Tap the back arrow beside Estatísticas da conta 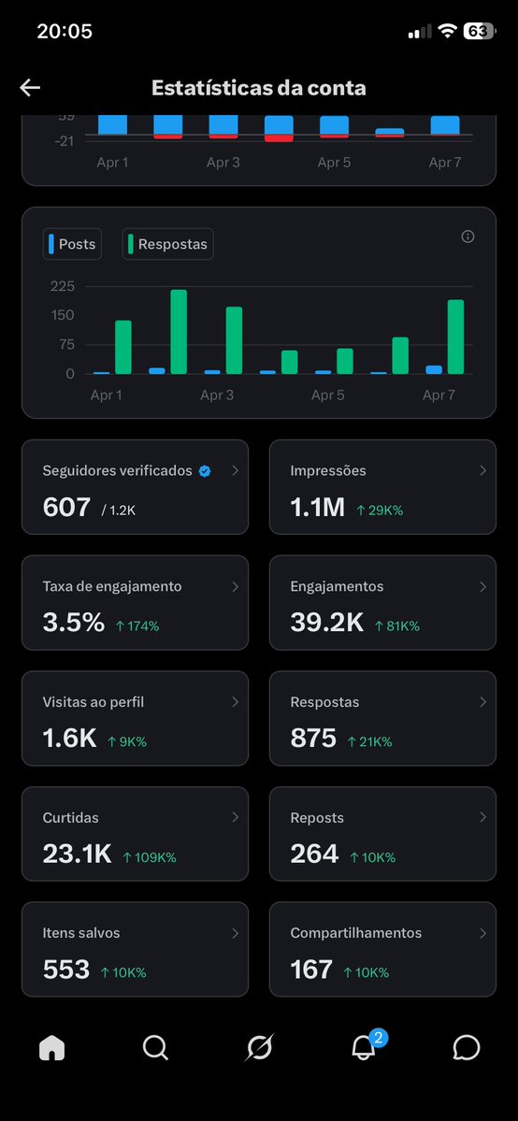[x=30, y=88]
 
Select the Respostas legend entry [x=168, y=244]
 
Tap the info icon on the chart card [x=468, y=237]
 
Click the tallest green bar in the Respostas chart [x=179, y=332]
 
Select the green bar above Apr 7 [x=455, y=337]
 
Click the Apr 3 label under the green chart [x=217, y=395]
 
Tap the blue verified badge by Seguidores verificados [x=205, y=471]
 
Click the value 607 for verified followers [x=65, y=507]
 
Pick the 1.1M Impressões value [x=317, y=508]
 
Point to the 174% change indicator [x=137, y=626]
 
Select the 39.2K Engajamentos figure [x=326, y=624]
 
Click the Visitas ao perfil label [x=94, y=702]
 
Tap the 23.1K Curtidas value [x=77, y=855]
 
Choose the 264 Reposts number [x=314, y=855]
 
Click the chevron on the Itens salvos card [x=235, y=933]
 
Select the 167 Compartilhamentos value [x=311, y=970]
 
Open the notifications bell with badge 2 [x=363, y=1048]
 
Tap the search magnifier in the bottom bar [x=155, y=1048]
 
